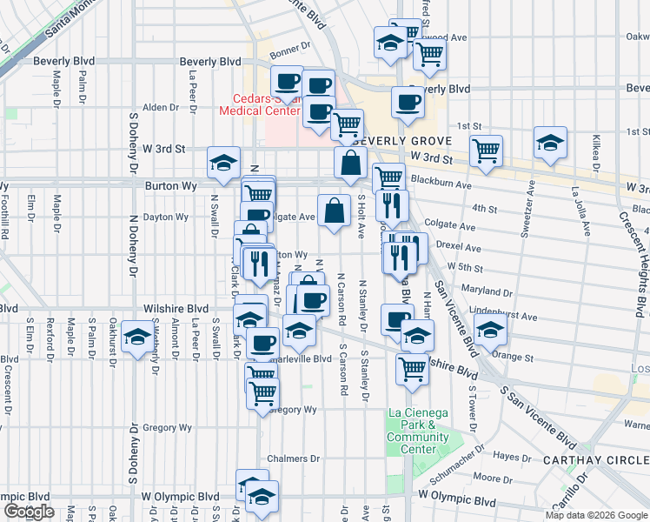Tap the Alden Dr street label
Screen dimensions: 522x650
click(x=160, y=107)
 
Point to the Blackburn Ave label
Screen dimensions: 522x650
click(x=441, y=185)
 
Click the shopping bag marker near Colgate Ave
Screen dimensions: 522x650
click(x=335, y=210)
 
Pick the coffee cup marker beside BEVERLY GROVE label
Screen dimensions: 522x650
click(x=407, y=104)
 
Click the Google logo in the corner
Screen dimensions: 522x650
click(x=29, y=512)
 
